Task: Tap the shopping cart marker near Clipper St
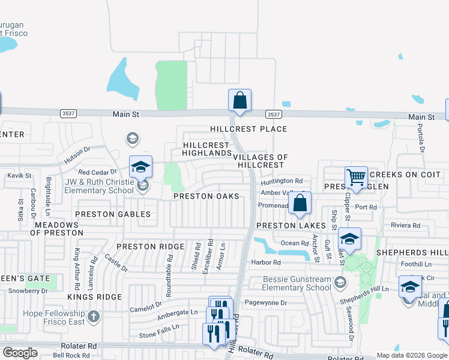(x=356, y=178)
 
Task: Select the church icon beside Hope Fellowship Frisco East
(x=93, y=316)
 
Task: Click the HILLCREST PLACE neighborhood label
(x=248, y=129)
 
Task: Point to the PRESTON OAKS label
(x=206, y=196)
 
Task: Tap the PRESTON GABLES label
(x=112, y=214)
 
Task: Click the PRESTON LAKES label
(x=291, y=226)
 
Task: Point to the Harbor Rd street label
(x=267, y=262)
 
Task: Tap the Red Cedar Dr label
(x=92, y=172)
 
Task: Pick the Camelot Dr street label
(x=146, y=310)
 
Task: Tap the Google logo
(x=20, y=353)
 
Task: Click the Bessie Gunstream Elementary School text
(x=298, y=283)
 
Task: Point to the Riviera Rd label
(x=405, y=225)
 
